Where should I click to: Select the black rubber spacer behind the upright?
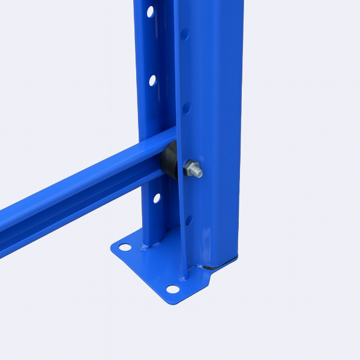169,161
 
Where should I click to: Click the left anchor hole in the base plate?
124,247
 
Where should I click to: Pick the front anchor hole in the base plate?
173,289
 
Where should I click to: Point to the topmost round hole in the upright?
150,11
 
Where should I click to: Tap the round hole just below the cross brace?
157,197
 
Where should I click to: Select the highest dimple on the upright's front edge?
185,34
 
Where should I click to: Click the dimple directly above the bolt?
186,108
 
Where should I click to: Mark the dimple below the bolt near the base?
188,220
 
